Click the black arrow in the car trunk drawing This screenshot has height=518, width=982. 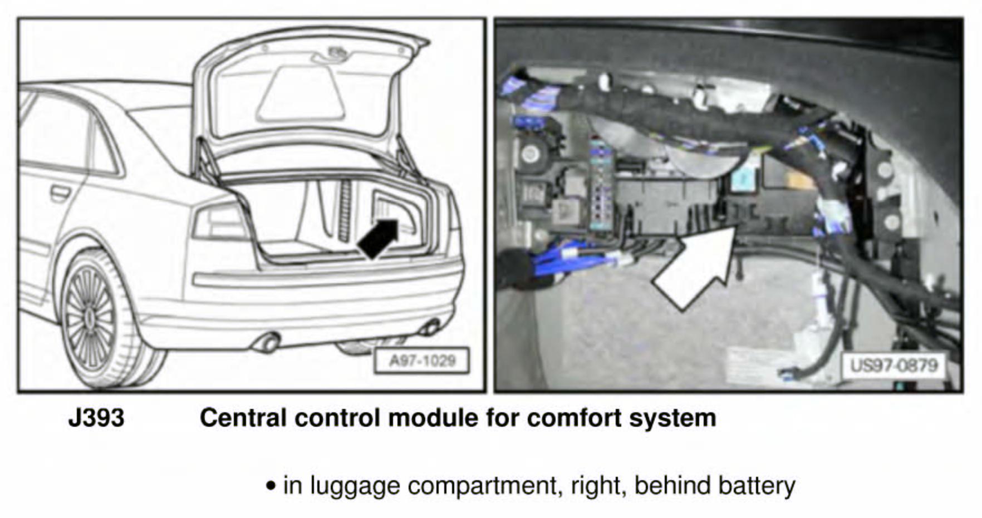[379, 238]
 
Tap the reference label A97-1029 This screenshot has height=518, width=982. [422, 361]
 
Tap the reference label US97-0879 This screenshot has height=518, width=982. [894, 366]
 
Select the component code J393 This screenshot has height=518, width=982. [96, 418]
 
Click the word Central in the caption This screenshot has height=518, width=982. [243, 418]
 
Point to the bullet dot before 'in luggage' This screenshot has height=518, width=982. [271, 486]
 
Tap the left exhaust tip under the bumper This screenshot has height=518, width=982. [268, 343]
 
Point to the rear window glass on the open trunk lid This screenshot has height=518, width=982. [301, 95]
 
